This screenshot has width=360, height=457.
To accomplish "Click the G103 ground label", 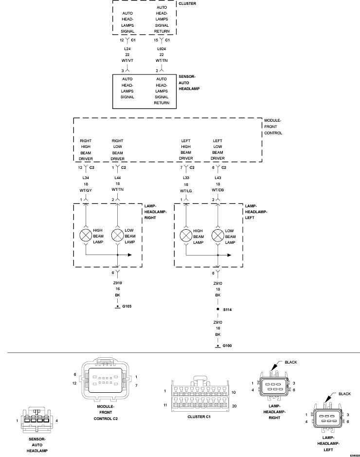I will [x=127, y=306].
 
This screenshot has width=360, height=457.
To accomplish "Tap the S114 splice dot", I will [x=217, y=309].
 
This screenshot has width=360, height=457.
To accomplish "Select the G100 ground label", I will [x=228, y=346].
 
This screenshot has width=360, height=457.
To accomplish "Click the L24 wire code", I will [x=127, y=48].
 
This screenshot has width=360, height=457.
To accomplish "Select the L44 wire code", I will [x=117, y=177].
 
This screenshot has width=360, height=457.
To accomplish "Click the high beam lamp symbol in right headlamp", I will [x=86, y=236].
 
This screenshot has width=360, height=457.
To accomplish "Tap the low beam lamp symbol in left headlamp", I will [x=217, y=236].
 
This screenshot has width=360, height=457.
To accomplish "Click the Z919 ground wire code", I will [x=117, y=282].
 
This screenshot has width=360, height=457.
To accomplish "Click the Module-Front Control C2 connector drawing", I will [x=106, y=381].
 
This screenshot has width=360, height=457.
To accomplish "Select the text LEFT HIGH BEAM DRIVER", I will [x=186, y=149].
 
